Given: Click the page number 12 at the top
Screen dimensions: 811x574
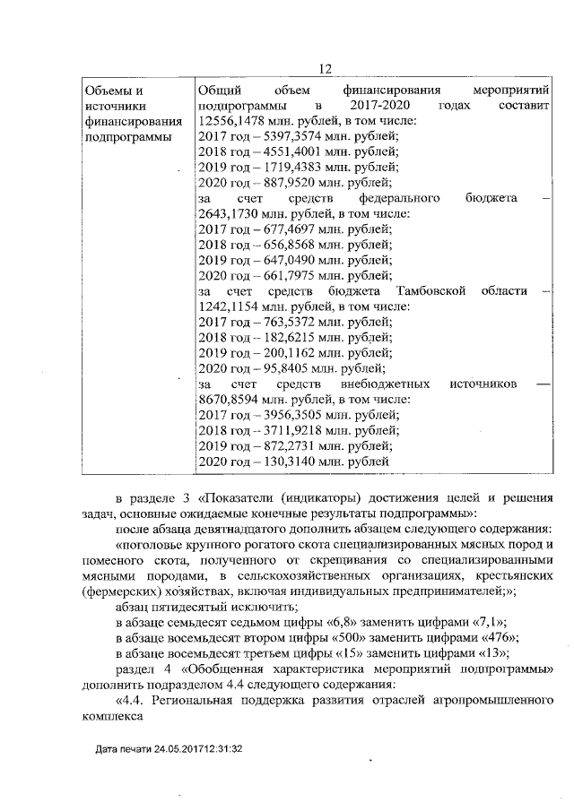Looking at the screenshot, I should tap(325, 70).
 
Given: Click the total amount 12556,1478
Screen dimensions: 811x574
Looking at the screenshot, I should tap(230, 121).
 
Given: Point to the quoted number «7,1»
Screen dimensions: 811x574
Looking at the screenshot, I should tap(486, 620).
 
